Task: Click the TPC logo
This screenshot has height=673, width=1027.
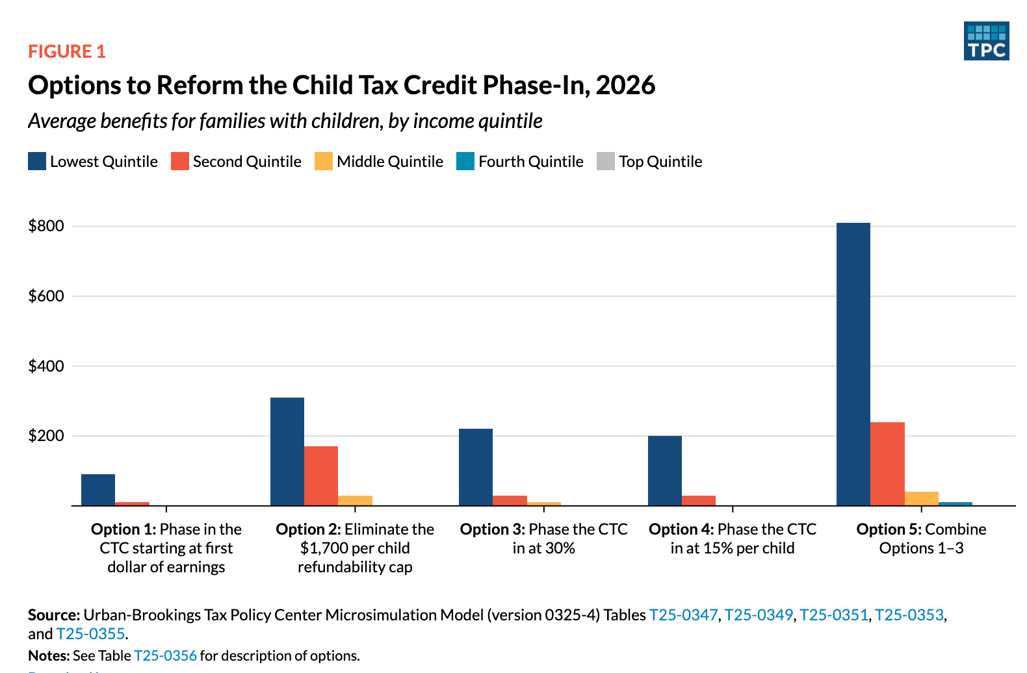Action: [986, 41]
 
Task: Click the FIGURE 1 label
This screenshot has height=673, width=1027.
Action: [67, 51]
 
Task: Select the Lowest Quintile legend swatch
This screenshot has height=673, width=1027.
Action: [36, 161]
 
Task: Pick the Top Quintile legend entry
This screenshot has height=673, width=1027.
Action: [649, 161]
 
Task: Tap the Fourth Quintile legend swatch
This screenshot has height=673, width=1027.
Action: [465, 161]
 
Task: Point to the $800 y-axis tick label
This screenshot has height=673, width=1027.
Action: [46, 226]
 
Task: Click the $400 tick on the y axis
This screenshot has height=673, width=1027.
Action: [46, 366]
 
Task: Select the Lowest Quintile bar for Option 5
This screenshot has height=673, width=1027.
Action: [853, 364]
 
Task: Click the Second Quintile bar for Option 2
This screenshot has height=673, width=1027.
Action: [321, 476]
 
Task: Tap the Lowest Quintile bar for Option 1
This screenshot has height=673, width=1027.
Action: [98, 490]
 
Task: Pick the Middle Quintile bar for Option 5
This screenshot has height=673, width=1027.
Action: [922, 498]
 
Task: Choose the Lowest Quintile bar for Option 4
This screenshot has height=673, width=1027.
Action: [665, 470]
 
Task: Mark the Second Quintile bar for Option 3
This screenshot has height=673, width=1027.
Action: [510, 501]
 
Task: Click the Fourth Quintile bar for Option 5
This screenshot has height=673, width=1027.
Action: [955, 504]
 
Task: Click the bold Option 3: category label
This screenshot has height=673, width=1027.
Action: [493, 529]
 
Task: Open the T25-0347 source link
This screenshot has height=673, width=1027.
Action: [683, 615]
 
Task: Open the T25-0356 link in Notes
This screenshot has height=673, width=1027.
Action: [165, 655]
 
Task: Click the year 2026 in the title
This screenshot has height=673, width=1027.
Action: [625, 85]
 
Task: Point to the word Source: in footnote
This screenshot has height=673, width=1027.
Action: [54, 615]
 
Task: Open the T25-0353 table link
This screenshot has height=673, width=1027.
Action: [909, 615]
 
